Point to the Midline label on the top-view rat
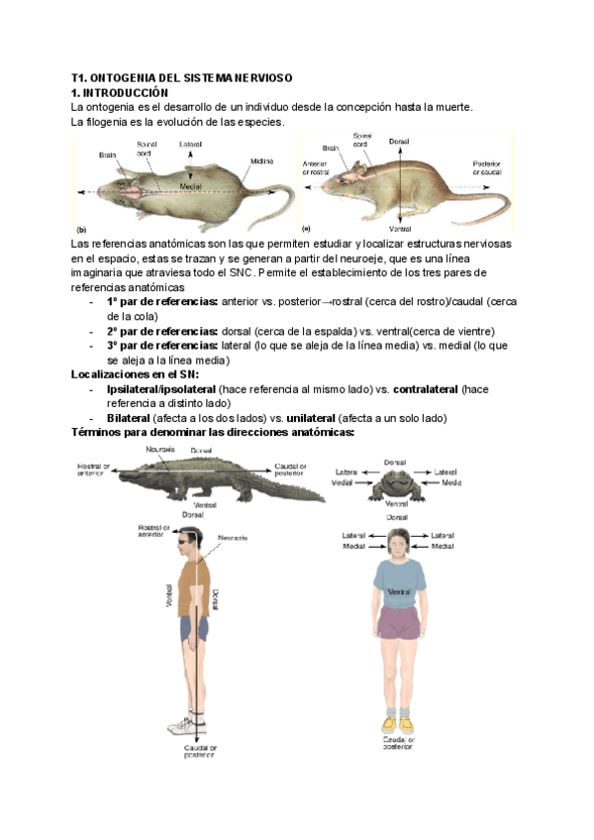(x=261, y=160)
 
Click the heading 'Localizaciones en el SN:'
(x=135, y=374)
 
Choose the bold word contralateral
(x=426, y=389)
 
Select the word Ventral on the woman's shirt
(x=398, y=591)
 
